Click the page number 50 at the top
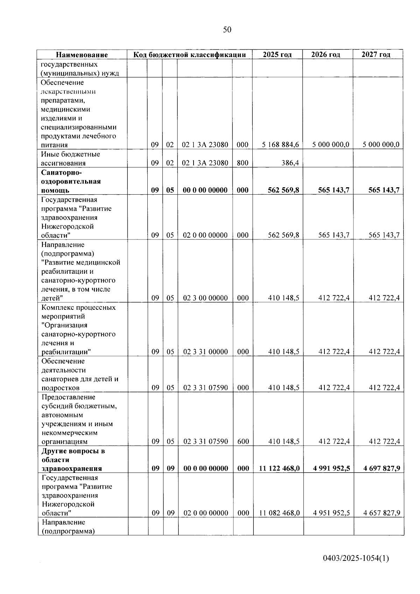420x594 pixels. [227, 30]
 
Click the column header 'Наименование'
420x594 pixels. [82, 55]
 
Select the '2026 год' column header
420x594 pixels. [325, 54]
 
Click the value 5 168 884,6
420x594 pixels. [280, 145]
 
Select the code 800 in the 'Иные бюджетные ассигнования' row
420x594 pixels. [242, 163]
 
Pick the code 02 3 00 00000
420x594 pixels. [205, 298]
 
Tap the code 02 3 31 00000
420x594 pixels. [205, 352]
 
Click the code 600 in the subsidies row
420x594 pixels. [243, 441]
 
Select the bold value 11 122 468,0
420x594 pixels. [279, 468]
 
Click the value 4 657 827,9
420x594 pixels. [381, 513]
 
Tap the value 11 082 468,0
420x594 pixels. [279, 513]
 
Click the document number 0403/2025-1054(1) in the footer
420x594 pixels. [356, 559]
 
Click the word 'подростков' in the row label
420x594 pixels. [60, 388]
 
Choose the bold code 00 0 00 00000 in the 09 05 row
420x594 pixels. [205, 190]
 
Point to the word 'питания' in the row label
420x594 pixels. [54, 145]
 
